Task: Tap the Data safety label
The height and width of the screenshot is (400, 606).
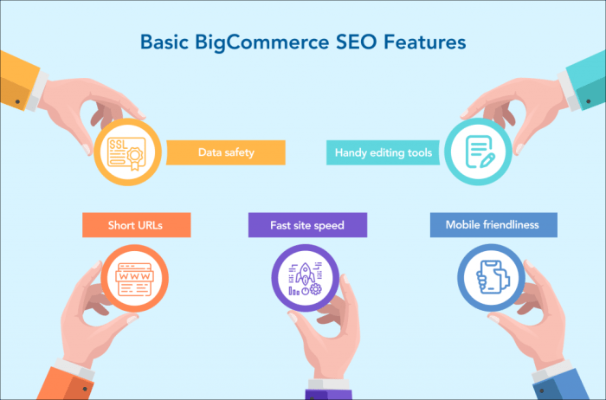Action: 225,153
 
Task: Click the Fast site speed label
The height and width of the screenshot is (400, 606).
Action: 307,225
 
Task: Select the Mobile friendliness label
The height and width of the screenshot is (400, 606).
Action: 492,225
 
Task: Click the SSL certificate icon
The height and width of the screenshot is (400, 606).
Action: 128,152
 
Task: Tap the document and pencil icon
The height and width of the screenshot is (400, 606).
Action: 480,152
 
